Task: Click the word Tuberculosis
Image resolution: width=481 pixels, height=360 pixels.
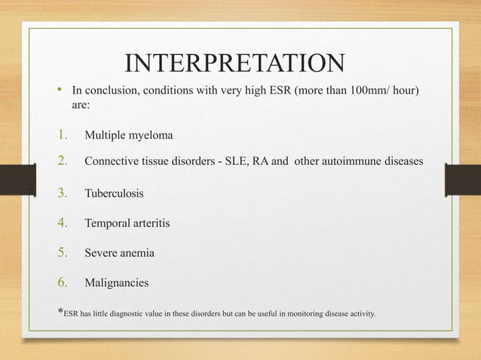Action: (x=114, y=194)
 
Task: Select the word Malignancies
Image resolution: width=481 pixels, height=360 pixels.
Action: (x=116, y=284)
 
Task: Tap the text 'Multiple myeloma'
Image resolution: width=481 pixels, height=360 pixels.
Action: (x=128, y=136)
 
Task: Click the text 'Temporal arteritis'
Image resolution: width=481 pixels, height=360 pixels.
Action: (x=130, y=224)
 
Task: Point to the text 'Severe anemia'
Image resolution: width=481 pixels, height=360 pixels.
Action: (x=119, y=254)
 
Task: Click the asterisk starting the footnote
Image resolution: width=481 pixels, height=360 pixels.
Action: (x=60, y=311)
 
